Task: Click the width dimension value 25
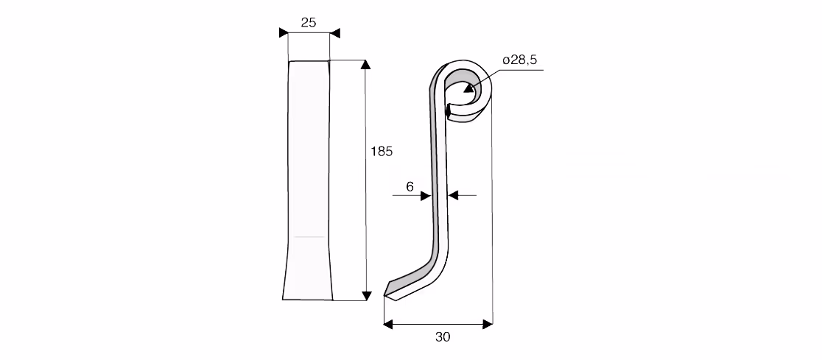[309, 22]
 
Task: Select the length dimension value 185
[382, 152]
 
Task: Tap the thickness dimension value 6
[410, 186]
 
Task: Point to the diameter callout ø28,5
[519, 60]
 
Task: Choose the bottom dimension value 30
[443, 337]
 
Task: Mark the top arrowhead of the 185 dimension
[366, 65]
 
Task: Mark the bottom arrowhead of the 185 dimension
[367, 296]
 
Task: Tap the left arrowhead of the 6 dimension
[426, 195]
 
